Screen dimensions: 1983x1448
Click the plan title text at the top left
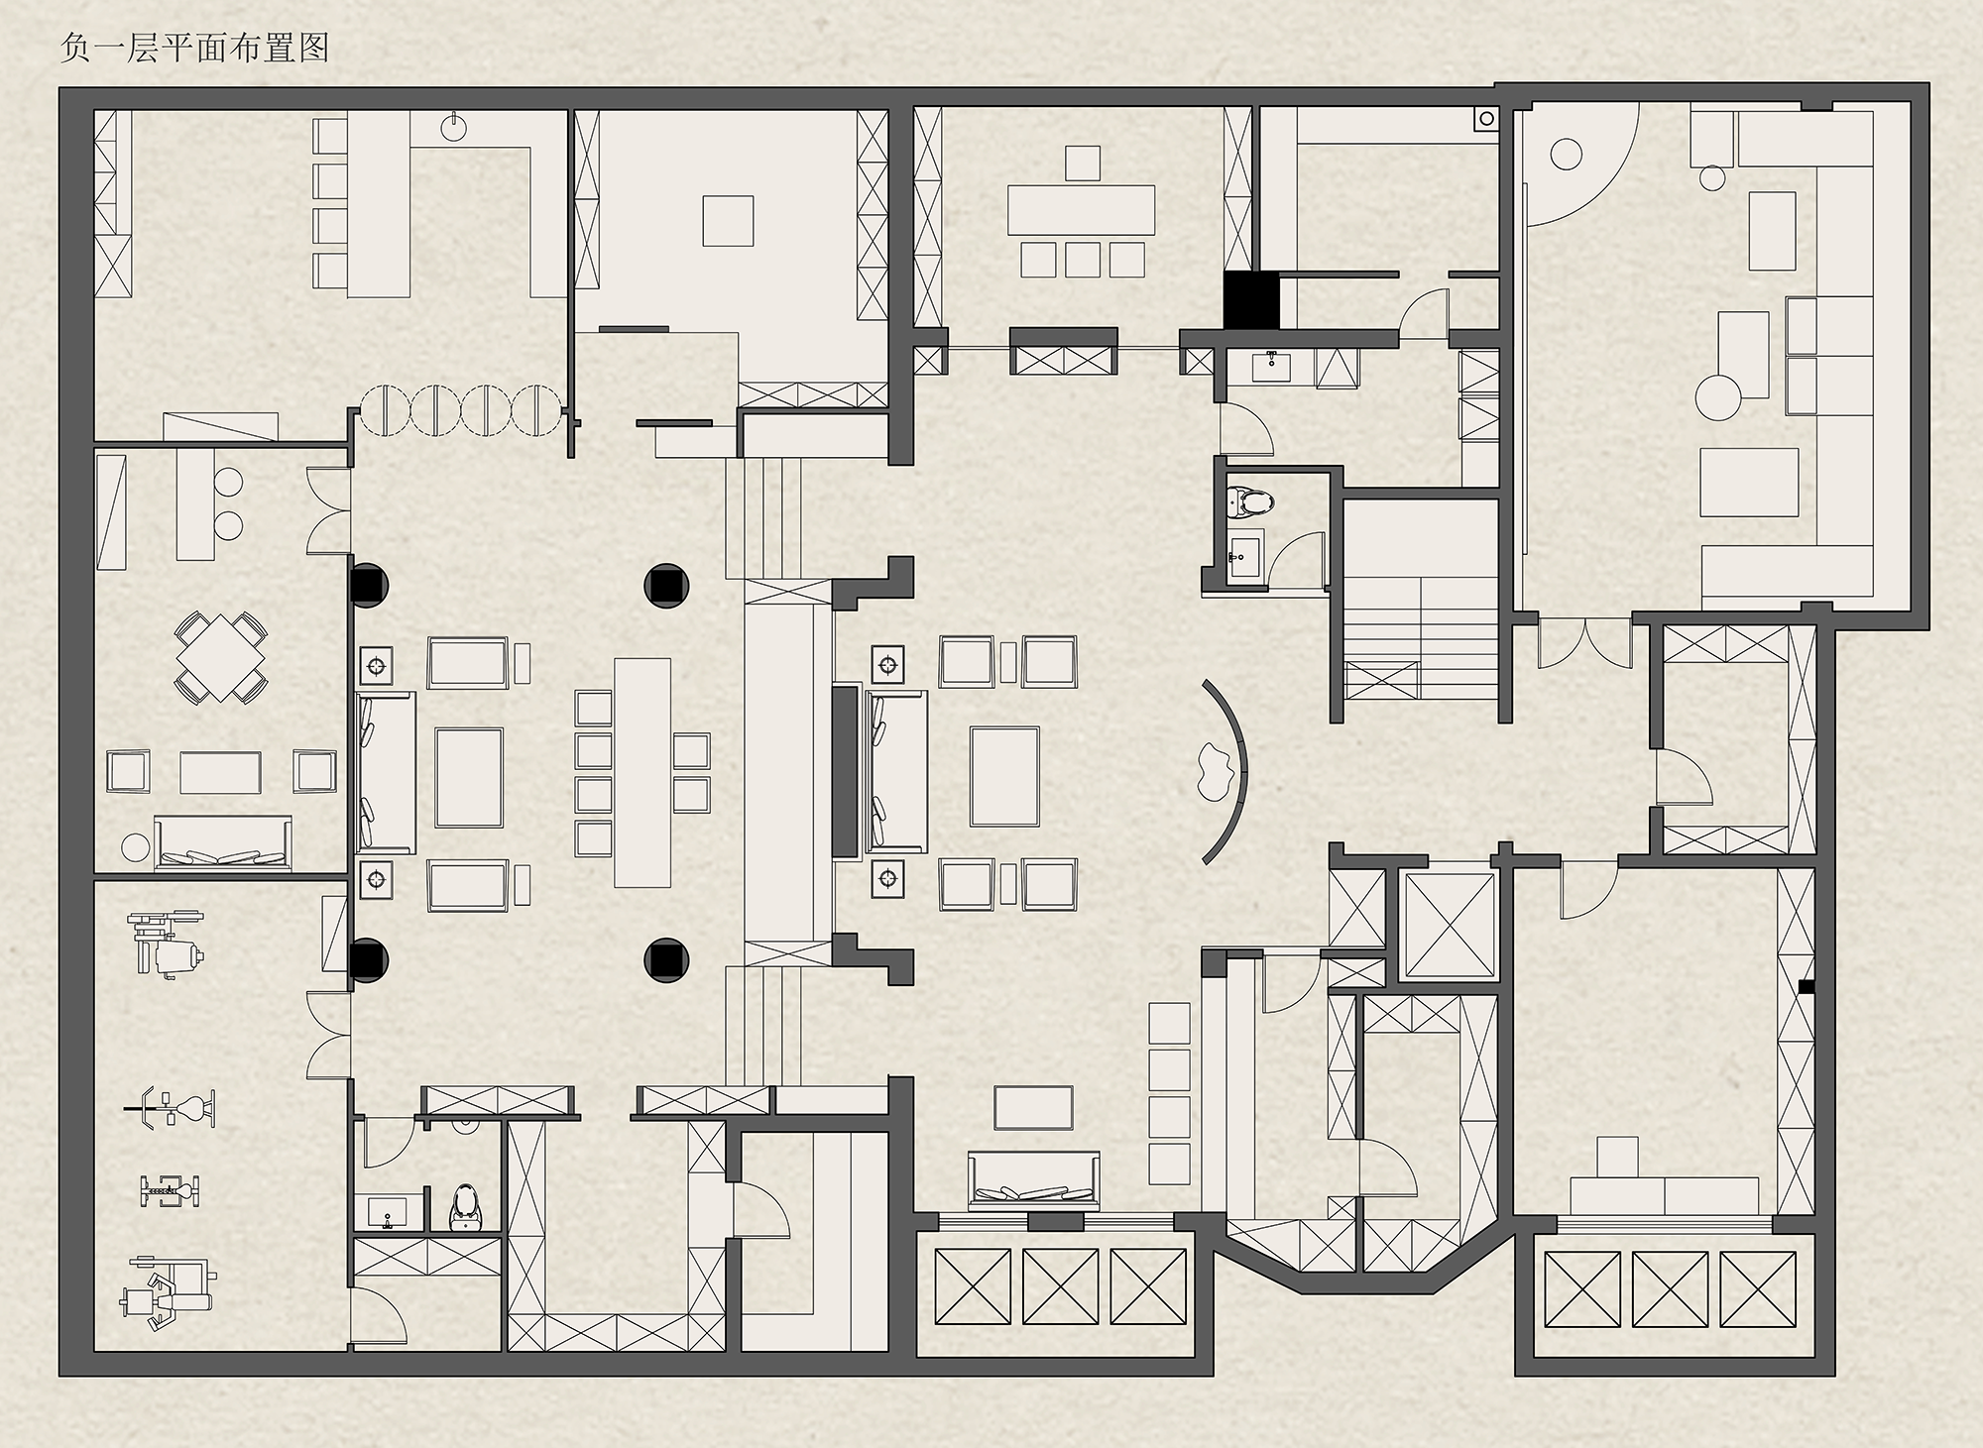coord(194,48)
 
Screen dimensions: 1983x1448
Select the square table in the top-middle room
coord(728,220)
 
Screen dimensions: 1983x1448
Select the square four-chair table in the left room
coord(220,657)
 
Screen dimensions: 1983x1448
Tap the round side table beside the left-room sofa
coord(134,848)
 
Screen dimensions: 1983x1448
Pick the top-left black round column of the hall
coord(369,585)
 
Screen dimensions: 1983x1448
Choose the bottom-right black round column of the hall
coord(666,958)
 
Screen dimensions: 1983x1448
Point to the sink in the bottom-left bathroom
coord(386,1211)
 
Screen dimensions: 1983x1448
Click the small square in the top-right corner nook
coord(1485,118)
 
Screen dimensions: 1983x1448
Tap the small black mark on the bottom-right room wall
coord(1808,985)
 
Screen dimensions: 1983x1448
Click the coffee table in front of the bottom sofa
coord(1033,1108)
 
